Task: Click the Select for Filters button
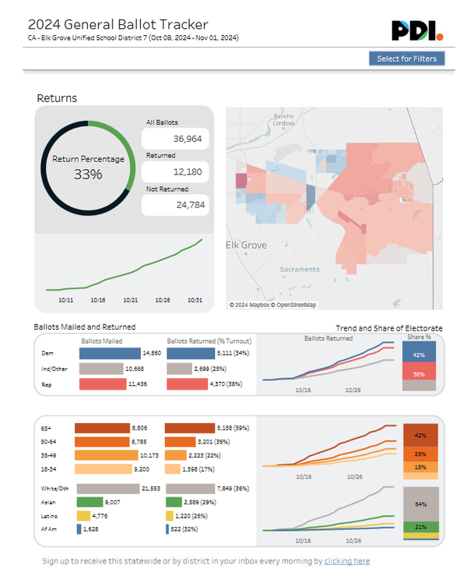[407, 58]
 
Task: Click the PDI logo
[417, 30]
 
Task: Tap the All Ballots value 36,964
[176, 138]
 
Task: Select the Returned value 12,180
[176, 171]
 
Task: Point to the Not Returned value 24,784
[176, 205]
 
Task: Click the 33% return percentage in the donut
[88, 174]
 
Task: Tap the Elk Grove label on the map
[246, 245]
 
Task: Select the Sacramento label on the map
[300, 269]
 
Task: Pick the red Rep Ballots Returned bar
[186, 384]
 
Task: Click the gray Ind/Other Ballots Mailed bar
[102, 369]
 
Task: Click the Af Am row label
[47, 529]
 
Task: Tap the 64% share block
[420, 504]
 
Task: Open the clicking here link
[347, 561]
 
